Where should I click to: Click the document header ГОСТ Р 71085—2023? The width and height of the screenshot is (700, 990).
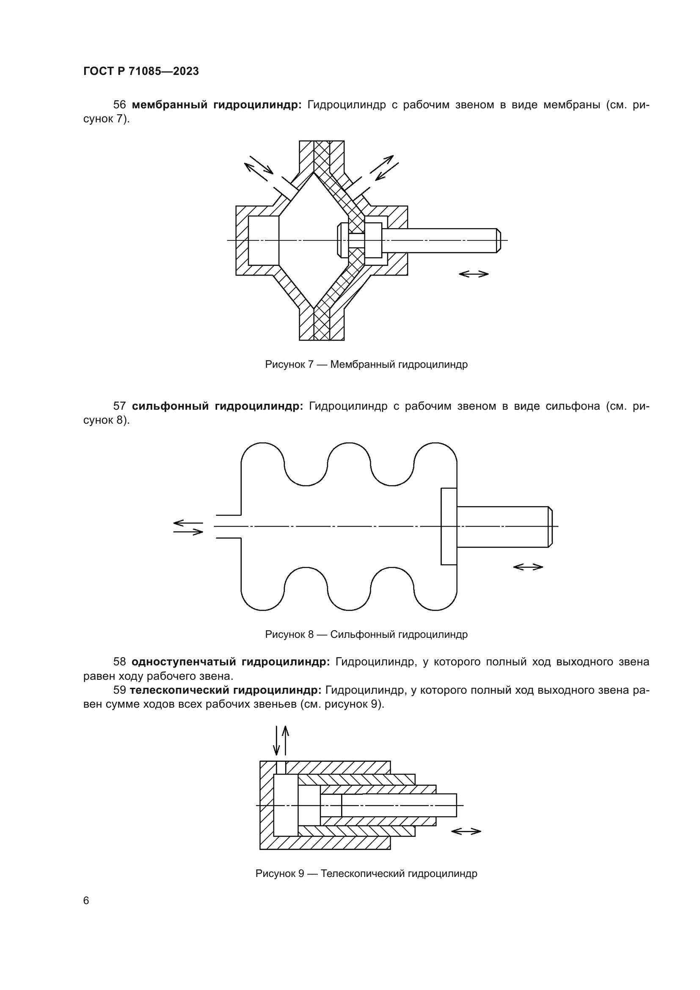(x=141, y=71)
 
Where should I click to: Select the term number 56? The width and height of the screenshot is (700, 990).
(x=119, y=105)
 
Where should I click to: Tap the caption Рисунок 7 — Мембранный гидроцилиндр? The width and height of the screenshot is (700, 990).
(x=366, y=364)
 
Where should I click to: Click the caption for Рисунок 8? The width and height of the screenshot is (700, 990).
(x=366, y=634)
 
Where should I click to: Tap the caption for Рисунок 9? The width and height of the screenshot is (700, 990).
(x=366, y=874)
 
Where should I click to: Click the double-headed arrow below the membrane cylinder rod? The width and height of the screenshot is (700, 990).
(x=473, y=274)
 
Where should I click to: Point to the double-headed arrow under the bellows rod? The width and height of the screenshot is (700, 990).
(x=528, y=567)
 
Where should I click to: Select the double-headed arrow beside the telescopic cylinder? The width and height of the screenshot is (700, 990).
(x=466, y=831)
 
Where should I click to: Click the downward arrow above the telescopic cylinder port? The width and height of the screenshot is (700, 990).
(x=276, y=740)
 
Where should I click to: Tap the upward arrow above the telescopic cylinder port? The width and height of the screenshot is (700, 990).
(x=285, y=740)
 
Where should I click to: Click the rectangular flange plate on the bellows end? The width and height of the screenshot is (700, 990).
(x=449, y=526)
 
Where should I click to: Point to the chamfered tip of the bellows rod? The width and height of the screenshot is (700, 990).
(x=550, y=527)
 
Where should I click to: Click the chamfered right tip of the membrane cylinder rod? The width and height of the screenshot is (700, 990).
(x=498, y=240)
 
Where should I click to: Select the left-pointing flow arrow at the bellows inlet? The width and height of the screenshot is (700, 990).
(x=188, y=523)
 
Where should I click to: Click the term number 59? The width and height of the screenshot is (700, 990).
(x=119, y=690)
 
